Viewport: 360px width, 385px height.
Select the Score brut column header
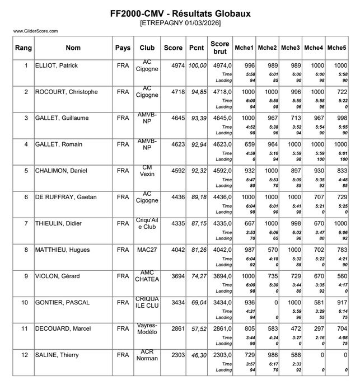(x=220, y=48)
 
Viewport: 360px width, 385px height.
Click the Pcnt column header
(x=197, y=48)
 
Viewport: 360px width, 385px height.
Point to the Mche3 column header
(x=291, y=48)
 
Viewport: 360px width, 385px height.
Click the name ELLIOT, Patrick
(x=57, y=66)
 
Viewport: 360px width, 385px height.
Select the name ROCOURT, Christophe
(x=67, y=92)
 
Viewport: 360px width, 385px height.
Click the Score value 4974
(x=177, y=66)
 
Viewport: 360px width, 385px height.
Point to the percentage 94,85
(x=198, y=92)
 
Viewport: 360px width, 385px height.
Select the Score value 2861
(x=177, y=328)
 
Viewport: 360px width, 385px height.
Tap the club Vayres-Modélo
(x=147, y=328)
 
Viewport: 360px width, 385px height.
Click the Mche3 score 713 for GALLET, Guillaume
(x=294, y=118)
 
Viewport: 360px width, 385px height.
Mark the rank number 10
(x=24, y=302)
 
